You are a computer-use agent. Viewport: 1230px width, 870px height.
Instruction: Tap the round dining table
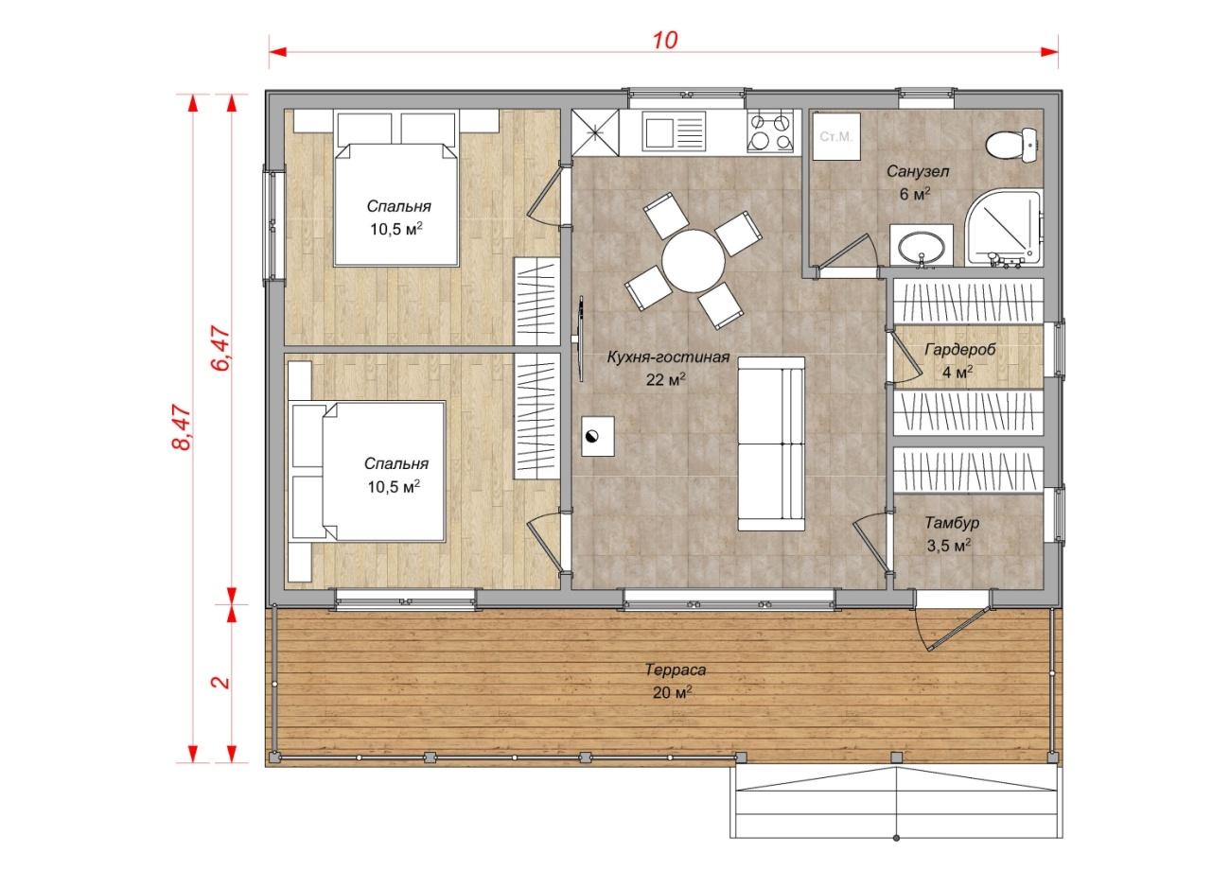pos(694,261)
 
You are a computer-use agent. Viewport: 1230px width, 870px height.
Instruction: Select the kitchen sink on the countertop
pos(674,131)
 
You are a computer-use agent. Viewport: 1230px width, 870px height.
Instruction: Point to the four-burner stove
pos(770,131)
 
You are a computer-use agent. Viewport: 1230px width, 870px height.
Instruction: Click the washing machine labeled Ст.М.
pos(836,137)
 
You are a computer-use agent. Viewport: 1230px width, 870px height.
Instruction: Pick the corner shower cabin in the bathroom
pos(1003,228)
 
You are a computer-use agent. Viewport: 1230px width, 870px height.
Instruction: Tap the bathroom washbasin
pos(921,247)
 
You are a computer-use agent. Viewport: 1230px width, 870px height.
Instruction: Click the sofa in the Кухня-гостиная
pos(771,444)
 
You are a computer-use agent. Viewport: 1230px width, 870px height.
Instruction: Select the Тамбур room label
pos(952,523)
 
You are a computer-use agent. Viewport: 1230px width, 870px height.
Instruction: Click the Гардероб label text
pos(959,349)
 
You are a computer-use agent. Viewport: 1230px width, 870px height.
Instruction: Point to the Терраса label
pos(675,670)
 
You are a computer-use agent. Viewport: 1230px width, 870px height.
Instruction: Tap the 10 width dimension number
pos(664,40)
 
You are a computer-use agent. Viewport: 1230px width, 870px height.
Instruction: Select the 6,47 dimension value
pos(220,349)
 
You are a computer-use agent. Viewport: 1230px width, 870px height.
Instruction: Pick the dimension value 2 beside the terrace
pos(220,682)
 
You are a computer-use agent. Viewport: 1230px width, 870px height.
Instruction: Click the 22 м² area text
pos(665,379)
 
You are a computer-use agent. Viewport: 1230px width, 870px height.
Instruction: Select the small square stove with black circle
pos(597,436)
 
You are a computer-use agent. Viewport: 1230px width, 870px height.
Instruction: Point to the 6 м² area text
pos(915,194)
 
